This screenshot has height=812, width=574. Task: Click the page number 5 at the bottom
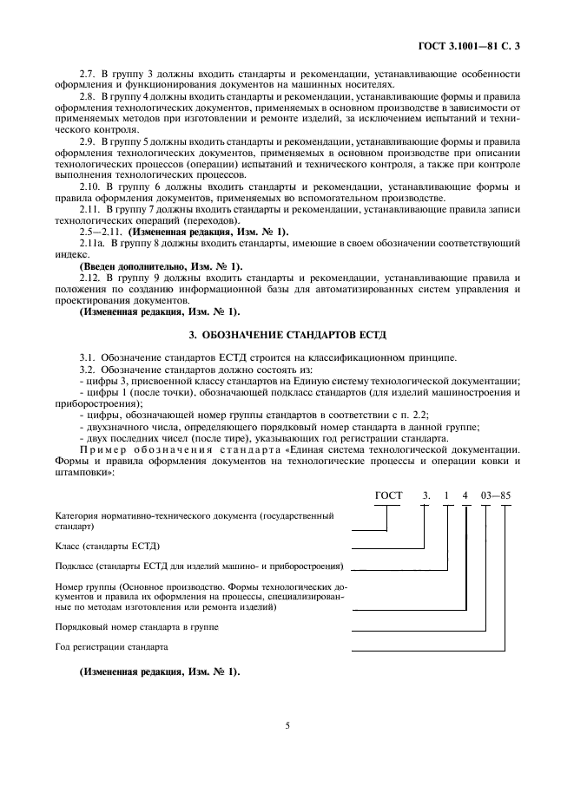coord(287,728)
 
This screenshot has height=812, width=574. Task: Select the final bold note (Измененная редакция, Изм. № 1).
coord(159,672)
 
